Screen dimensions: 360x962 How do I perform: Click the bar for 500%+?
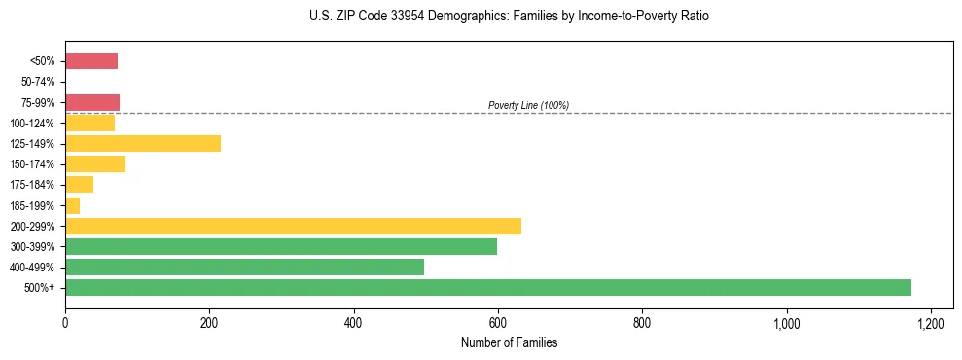click(487, 288)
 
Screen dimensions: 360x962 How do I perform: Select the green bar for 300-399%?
click(281, 247)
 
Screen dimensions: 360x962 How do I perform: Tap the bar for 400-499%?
click(244, 268)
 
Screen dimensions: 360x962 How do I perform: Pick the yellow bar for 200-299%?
click(293, 227)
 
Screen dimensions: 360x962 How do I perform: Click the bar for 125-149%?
click(143, 144)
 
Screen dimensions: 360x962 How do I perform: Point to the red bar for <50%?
click(91, 61)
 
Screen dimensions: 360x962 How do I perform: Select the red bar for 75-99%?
click(92, 102)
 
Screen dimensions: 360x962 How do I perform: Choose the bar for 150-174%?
click(95, 164)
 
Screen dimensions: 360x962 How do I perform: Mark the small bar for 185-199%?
click(72, 206)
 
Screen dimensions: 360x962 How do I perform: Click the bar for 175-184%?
click(79, 185)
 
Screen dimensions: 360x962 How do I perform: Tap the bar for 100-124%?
click(89, 124)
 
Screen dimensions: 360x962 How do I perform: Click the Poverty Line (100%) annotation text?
click(528, 105)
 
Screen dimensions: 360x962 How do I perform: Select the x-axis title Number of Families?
click(509, 343)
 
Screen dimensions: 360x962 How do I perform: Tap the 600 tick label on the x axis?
click(498, 323)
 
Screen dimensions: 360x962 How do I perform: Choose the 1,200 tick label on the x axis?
click(931, 323)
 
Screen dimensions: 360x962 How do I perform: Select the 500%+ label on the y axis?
click(41, 288)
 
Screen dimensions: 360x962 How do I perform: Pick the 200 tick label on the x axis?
click(209, 323)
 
